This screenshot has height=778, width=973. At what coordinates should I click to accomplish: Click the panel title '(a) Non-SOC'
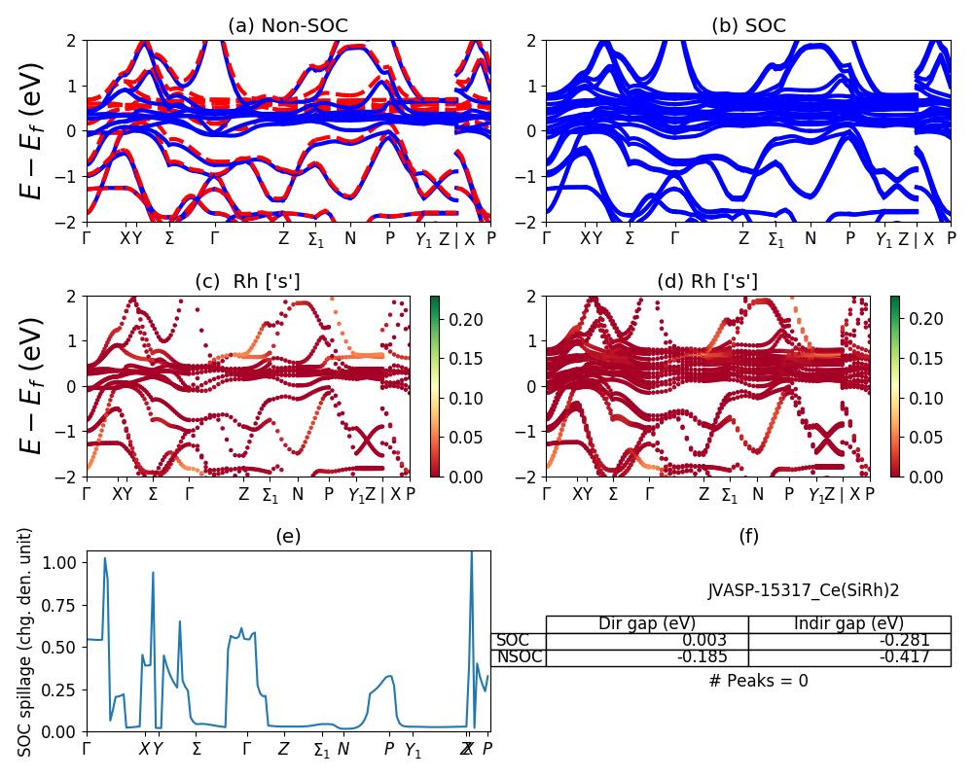(288, 26)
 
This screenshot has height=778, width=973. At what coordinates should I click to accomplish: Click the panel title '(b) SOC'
(748, 26)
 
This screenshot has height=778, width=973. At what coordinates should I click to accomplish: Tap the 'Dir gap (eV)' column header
(646, 623)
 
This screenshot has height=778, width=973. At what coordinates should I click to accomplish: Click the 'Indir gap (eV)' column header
(848, 623)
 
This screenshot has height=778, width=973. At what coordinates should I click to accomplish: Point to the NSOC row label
(518, 657)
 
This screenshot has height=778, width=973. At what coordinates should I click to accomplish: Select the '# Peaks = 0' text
(758, 681)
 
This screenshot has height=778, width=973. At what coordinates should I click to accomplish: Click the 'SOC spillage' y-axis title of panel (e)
(26, 642)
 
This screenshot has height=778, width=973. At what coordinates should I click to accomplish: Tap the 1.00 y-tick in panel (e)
(60, 562)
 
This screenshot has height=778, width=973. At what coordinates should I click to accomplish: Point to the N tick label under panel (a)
(350, 237)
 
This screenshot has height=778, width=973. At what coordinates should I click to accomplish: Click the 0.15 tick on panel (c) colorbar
(460, 359)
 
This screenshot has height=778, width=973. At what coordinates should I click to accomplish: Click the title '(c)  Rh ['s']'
(247, 282)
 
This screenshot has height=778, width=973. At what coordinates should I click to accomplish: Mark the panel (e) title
(288, 536)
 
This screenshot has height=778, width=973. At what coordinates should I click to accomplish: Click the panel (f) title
(748, 536)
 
